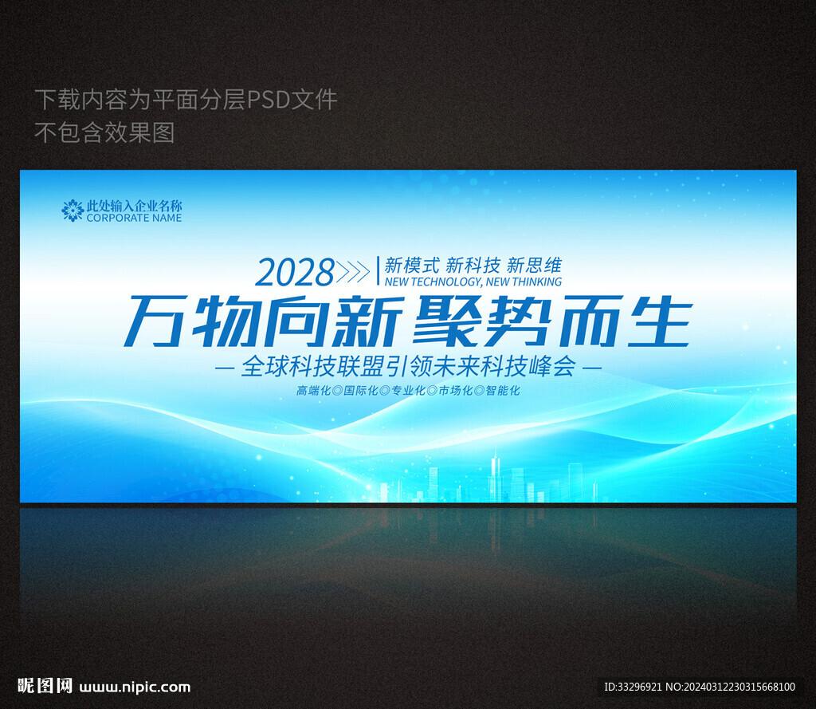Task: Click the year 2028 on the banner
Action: click(295, 272)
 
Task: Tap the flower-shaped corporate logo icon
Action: click(73, 211)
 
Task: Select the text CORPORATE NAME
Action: click(134, 218)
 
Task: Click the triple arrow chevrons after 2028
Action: click(353, 271)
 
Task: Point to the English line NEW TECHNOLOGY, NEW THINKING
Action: click(473, 282)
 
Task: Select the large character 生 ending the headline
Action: click(659, 321)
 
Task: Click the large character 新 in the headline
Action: click(367, 321)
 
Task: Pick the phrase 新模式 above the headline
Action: click(412, 265)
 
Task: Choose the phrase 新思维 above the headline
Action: click(535, 265)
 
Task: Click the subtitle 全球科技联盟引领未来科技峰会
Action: click(409, 366)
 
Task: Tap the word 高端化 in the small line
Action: click(313, 390)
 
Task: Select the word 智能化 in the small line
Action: click(503, 390)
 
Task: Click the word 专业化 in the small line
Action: click(408, 390)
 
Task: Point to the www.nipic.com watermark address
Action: click(135, 687)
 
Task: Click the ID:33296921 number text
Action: click(633, 687)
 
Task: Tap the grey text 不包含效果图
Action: click(104, 132)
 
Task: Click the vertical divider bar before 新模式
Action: click(378, 270)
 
